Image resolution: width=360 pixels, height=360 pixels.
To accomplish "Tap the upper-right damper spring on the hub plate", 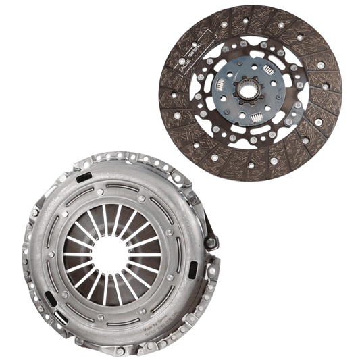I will (x=263, y=76).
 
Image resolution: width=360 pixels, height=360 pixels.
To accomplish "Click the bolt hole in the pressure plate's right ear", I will (x=218, y=238).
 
